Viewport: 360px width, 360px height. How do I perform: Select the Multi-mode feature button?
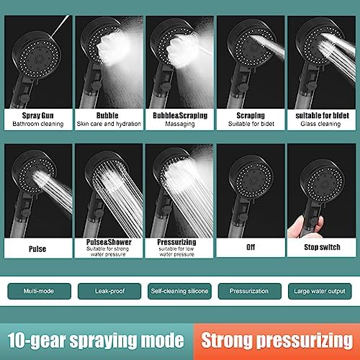tap(38, 292)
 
